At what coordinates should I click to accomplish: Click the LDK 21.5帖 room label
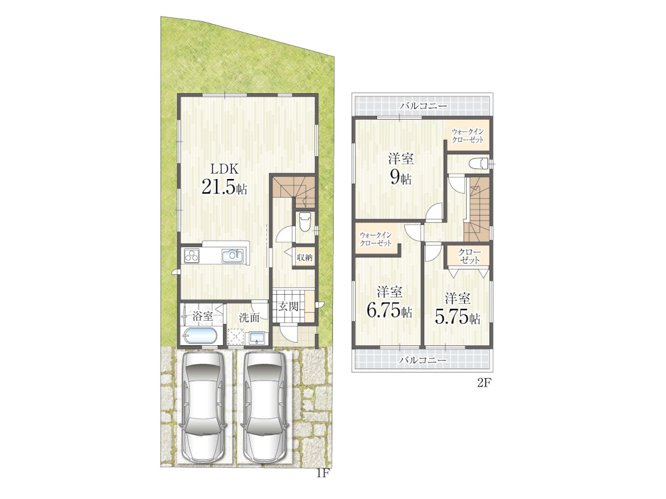pos(224,179)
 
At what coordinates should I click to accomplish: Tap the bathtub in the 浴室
pos(200,336)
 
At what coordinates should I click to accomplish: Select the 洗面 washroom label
pos(249,317)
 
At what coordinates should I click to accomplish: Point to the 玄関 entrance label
pos(289,306)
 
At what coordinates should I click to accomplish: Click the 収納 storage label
pos(304,257)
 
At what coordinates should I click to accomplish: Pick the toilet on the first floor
pos(305,221)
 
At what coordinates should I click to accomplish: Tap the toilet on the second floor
pos(477,163)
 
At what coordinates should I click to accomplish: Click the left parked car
pos(202,407)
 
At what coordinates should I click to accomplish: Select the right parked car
pos(265,407)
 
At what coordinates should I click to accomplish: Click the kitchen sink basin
pos(232,255)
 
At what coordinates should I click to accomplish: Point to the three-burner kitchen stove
pos(192,256)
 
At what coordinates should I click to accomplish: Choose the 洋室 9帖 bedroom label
pos(400,169)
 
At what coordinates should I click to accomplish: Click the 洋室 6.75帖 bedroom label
pos(389,302)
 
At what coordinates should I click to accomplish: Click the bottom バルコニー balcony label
pos(423,360)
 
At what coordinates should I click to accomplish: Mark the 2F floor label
pos(484,383)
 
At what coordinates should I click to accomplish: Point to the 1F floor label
pos(323,473)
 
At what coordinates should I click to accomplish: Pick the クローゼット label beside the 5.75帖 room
pos(469,256)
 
